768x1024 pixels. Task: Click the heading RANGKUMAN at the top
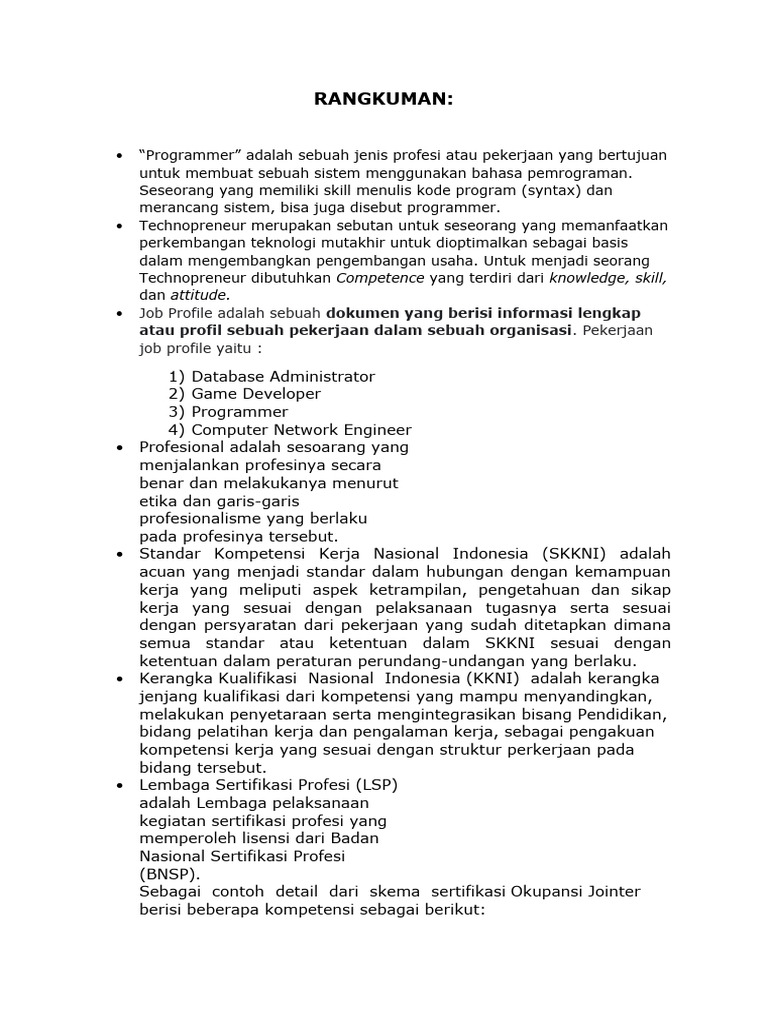384,100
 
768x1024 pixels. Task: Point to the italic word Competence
380,278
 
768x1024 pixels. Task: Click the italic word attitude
198,295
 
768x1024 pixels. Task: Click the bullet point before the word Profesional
119,447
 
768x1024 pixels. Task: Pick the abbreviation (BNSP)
170,872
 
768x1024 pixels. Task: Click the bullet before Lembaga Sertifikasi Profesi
119,785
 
